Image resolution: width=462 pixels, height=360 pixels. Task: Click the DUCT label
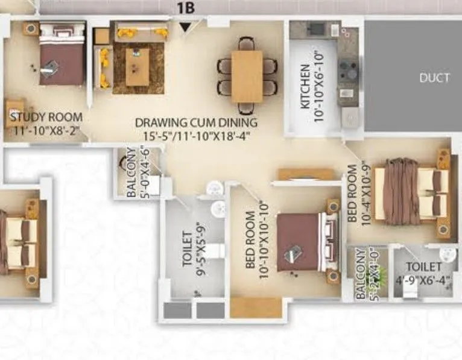tap(434, 78)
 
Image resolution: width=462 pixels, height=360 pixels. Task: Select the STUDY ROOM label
tap(46, 116)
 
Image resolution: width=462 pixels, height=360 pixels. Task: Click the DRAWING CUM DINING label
tap(196, 122)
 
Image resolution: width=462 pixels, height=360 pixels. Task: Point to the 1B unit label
tap(185, 8)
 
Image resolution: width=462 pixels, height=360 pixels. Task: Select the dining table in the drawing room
tap(247, 77)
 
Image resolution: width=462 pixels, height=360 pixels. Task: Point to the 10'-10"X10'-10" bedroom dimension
tap(265, 241)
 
